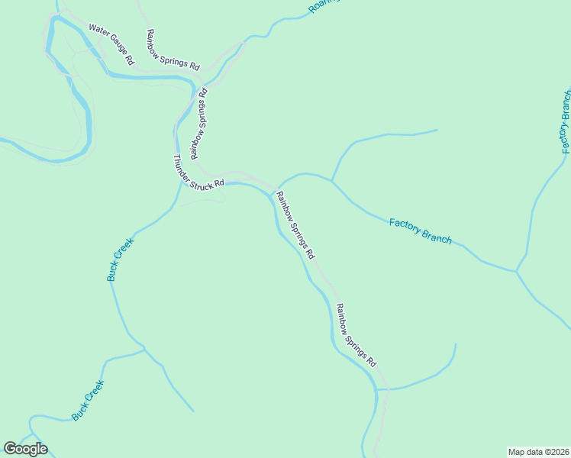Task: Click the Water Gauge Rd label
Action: (x=111, y=43)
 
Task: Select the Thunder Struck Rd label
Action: (x=198, y=172)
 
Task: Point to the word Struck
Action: (x=201, y=174)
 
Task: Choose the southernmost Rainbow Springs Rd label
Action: (x=356, y=334)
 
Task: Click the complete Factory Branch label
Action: (x=420, y=231)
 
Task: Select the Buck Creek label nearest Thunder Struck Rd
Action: (x=120, y=260)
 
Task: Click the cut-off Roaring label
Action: (x=323, y=6)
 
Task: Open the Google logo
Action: (x=25, y=449)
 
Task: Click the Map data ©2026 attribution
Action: (x=538, y=451)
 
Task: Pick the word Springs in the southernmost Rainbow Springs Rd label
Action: (x=356, y=334)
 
